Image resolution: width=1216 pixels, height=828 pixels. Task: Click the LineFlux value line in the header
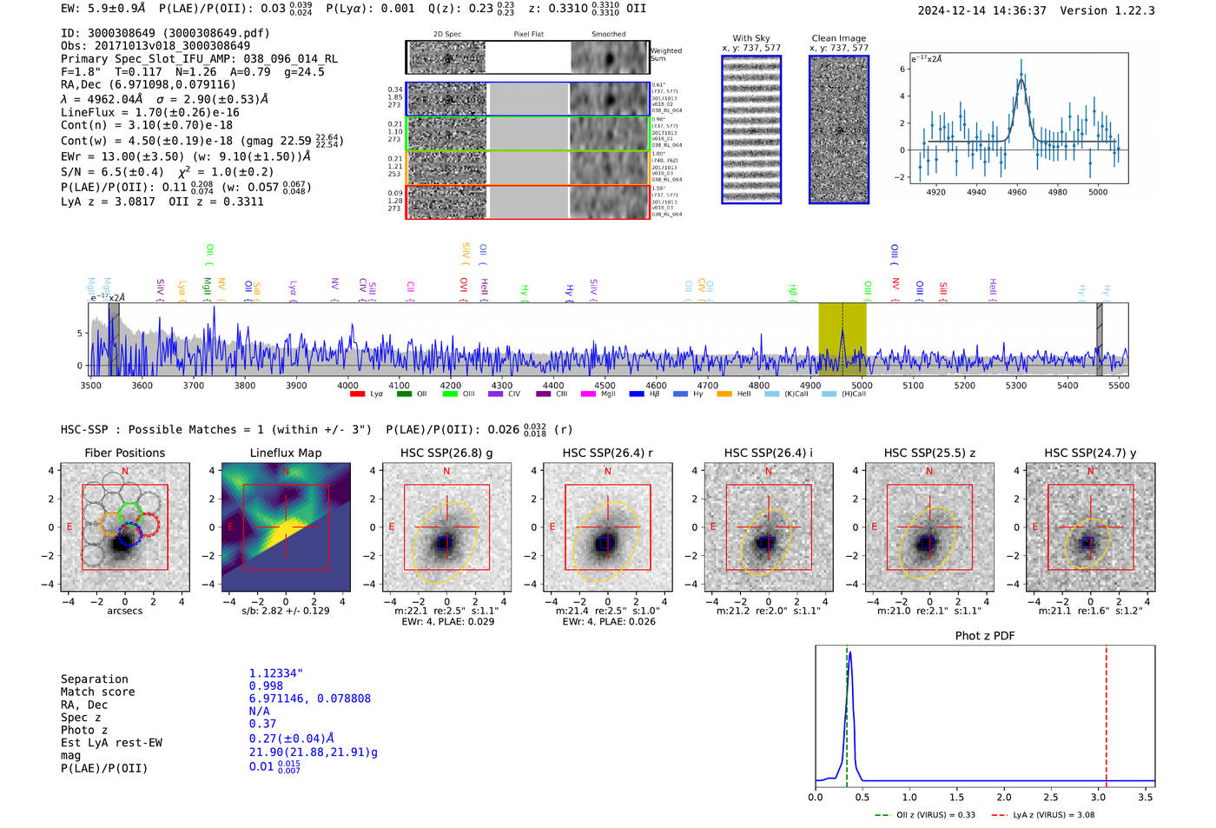point(149,113)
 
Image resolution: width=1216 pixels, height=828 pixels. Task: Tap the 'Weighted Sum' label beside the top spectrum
point(665,55)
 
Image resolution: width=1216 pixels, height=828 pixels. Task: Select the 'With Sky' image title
point(750,38)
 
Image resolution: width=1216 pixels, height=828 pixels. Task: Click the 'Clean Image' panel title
point(838,38)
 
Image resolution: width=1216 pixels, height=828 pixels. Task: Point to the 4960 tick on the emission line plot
point(1016,192)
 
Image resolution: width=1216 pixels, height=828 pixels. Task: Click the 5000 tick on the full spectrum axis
point(861,386)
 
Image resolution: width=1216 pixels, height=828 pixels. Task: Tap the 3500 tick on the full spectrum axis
point(90,386)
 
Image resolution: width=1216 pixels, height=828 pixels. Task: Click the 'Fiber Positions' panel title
point(124,453)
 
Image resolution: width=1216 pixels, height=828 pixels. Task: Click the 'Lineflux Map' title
point(285,453)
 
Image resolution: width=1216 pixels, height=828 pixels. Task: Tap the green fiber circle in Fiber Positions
point(129,512)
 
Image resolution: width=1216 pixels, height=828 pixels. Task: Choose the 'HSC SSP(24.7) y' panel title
point(1089,453)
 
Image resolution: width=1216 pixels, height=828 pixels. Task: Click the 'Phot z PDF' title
point(984,636)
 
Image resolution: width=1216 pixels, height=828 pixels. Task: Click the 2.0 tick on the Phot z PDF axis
point(1003,797)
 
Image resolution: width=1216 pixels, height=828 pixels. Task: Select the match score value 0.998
point(266,686)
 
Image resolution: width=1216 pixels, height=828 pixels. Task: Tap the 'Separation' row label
point(94,679)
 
